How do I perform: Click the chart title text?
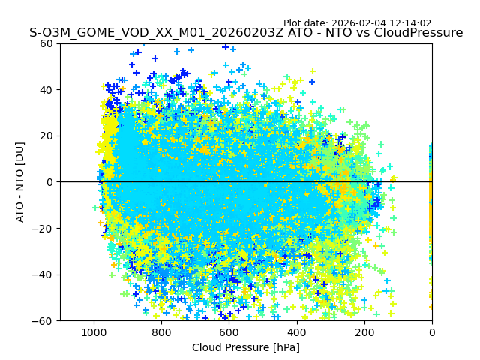point(246,33)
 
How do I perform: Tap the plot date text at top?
point(357,23)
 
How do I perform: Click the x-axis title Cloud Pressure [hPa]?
point(246,347)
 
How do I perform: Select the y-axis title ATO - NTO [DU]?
point(21,182)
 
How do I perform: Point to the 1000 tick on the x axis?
point(94,331)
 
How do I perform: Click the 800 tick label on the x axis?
point(161,331)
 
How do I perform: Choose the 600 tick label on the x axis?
point(229,331)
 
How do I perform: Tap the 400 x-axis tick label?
point(297,331)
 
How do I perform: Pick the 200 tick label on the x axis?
point(364,331)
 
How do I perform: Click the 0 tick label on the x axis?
point(432,331)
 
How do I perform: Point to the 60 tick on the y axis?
point(47,43)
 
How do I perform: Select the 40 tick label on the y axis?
point(47,90)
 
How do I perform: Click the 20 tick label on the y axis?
point(47,136)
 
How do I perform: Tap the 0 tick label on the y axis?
point(49,182)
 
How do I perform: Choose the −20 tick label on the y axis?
point(44,229)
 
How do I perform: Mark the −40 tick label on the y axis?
point(44,274)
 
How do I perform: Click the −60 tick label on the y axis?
point(44,321)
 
